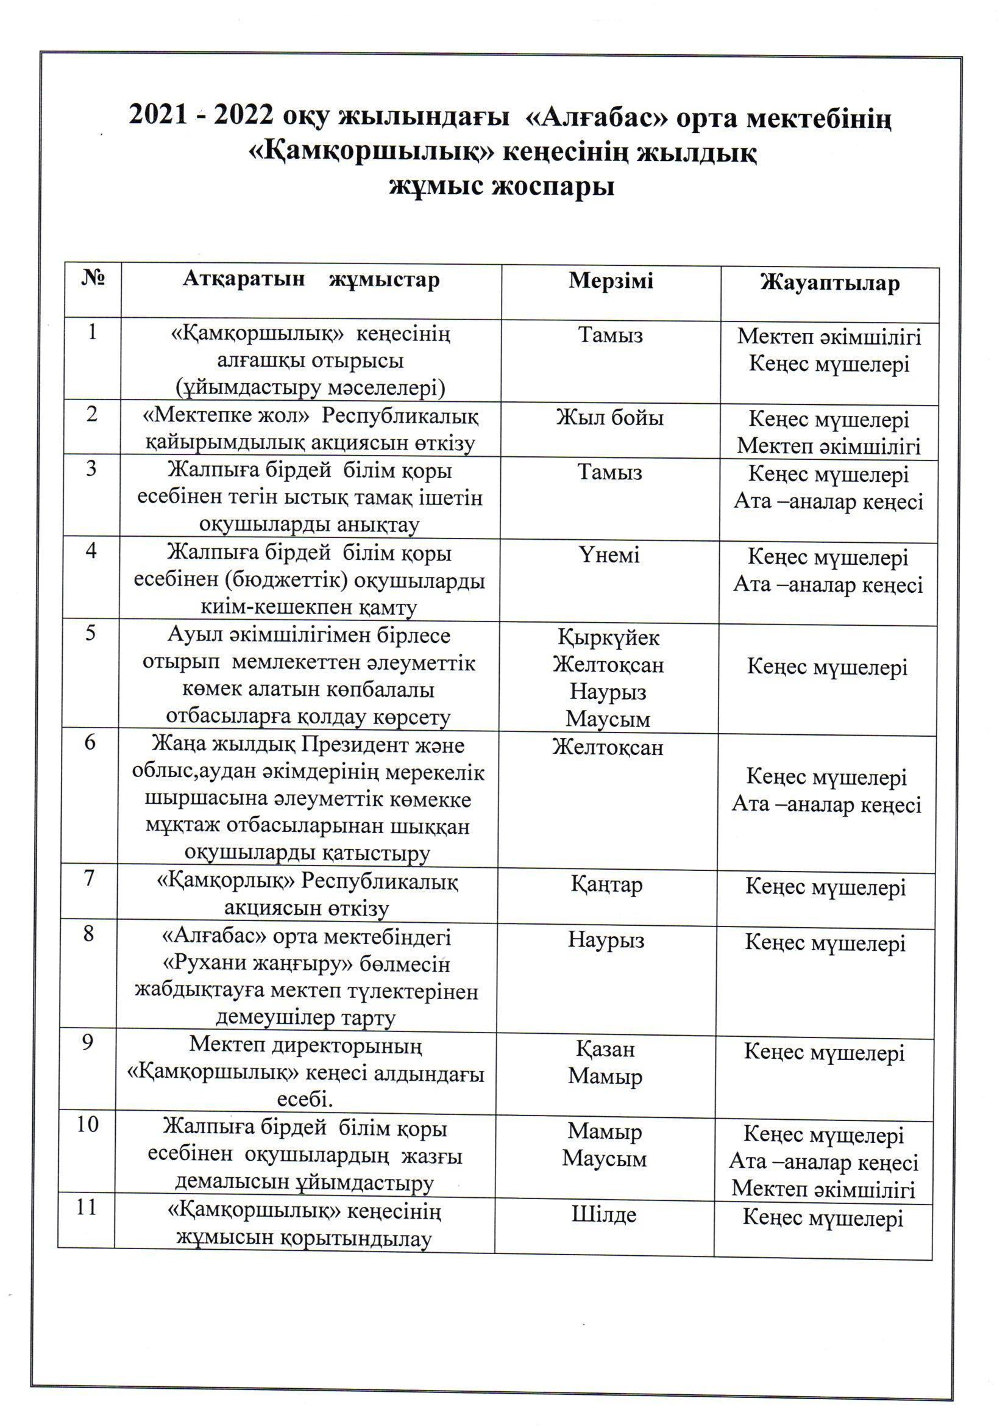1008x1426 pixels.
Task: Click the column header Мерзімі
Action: click(611, 281)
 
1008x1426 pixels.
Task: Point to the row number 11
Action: click(87, 1208)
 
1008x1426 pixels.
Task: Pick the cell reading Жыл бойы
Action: click(610, 417)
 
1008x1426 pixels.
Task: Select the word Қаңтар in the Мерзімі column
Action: click(606, 885)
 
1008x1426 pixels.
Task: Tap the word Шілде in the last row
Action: click(604, 1214)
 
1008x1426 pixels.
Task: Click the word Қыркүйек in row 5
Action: click(608, 638)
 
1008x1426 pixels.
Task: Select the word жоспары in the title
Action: click(553, 186)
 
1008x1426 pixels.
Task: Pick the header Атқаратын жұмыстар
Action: click(311, 280)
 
